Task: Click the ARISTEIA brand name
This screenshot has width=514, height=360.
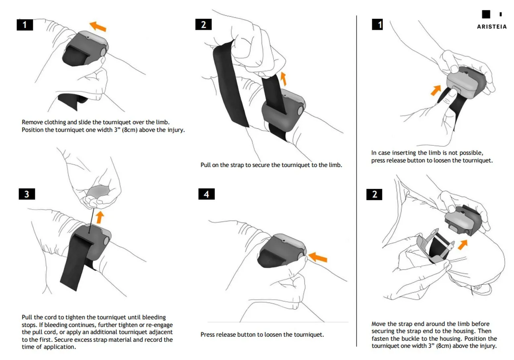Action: coord(492,27)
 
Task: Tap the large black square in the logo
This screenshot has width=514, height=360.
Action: coord(486,14)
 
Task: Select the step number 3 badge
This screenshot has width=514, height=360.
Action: coord(27,194)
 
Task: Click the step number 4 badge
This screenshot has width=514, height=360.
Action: coord(206,194)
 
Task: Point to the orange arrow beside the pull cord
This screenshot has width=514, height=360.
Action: coord(100,217)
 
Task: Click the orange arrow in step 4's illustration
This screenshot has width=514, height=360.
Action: coord(318,256)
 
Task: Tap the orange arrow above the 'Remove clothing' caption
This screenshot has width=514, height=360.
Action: coord(98,27)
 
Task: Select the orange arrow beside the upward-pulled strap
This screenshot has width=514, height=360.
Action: coord(284,79)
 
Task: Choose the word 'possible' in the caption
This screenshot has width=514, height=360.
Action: coord(471,153)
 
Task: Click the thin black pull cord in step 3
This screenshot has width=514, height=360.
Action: coord(92,219)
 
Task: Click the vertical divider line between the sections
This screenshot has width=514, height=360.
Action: coord(357,181)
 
